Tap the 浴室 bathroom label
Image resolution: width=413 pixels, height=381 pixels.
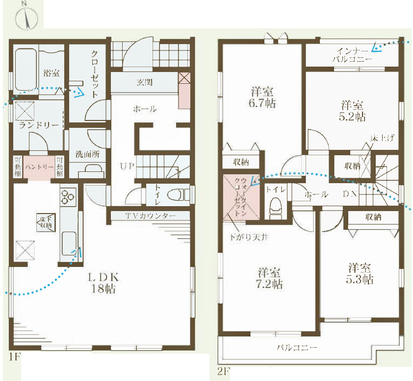coord(51,73)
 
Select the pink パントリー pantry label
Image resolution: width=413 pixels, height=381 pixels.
coord(39,167)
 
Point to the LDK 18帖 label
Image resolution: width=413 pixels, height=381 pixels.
coord(103,283)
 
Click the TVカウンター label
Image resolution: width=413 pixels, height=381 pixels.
coord(151,216)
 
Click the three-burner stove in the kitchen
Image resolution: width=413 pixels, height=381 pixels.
coord(68,197)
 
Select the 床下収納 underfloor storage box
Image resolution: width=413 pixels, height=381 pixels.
coord(46,222)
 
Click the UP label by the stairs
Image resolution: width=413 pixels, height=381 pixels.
coord(127,166)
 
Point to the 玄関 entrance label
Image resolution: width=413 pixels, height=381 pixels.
coord(145,82)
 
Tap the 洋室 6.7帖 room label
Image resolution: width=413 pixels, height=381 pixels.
coord(262,97)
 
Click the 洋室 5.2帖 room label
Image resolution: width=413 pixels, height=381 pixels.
coord(352,111)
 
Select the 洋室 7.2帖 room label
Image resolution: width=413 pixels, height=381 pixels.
coord(269,278)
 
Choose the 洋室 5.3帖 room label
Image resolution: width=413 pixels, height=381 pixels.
coord(360,273)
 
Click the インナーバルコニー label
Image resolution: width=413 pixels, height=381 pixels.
coord(352,55)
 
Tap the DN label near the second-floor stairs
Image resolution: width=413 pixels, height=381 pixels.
coord(350,194)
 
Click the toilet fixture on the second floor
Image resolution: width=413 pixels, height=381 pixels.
coord(276,207)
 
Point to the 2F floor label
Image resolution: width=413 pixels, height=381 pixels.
coord(224,372)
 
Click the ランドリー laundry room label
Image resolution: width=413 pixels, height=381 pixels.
coord(38,125)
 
